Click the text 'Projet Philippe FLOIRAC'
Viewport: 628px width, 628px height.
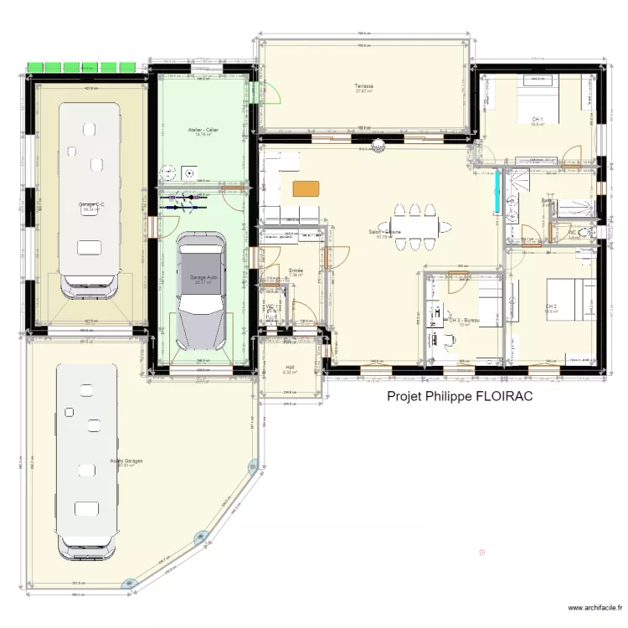pyautogui.click(x=460, y=399)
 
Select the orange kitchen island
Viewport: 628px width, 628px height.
pyautogui.click(x=306, y=189)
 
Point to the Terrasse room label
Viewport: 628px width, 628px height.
pyautogui.click(x=364, y=87)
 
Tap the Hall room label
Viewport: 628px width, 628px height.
pyautogui.click(x=290, y=367)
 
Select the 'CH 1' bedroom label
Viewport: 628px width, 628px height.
pyautogui.click(x=538, y=120)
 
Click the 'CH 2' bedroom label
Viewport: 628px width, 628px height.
pyautogui.click(x=551, y=306)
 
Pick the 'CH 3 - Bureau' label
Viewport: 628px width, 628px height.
pyautogui.click(x=463, y=320)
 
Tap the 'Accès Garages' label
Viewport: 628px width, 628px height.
pyautogui.click(x=126, y=462)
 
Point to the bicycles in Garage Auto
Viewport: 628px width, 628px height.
pyautogui.click(x=189, y=200)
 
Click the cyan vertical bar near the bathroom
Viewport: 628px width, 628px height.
pyautogui.click(x=498, y=193)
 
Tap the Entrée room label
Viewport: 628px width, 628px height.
pyautogui.click(x=296, y=270)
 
